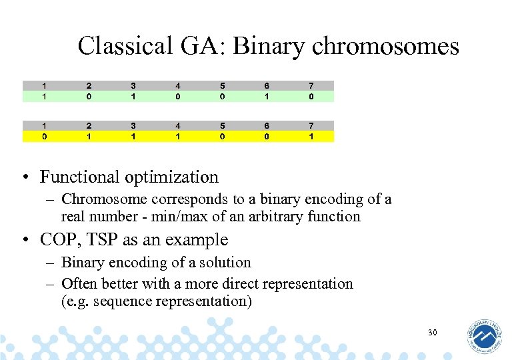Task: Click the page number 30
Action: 432,332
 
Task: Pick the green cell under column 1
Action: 44,96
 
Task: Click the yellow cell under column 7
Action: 311,136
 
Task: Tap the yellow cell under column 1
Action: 44,136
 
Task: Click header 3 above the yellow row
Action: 133,125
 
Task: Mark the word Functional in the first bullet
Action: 74,177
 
